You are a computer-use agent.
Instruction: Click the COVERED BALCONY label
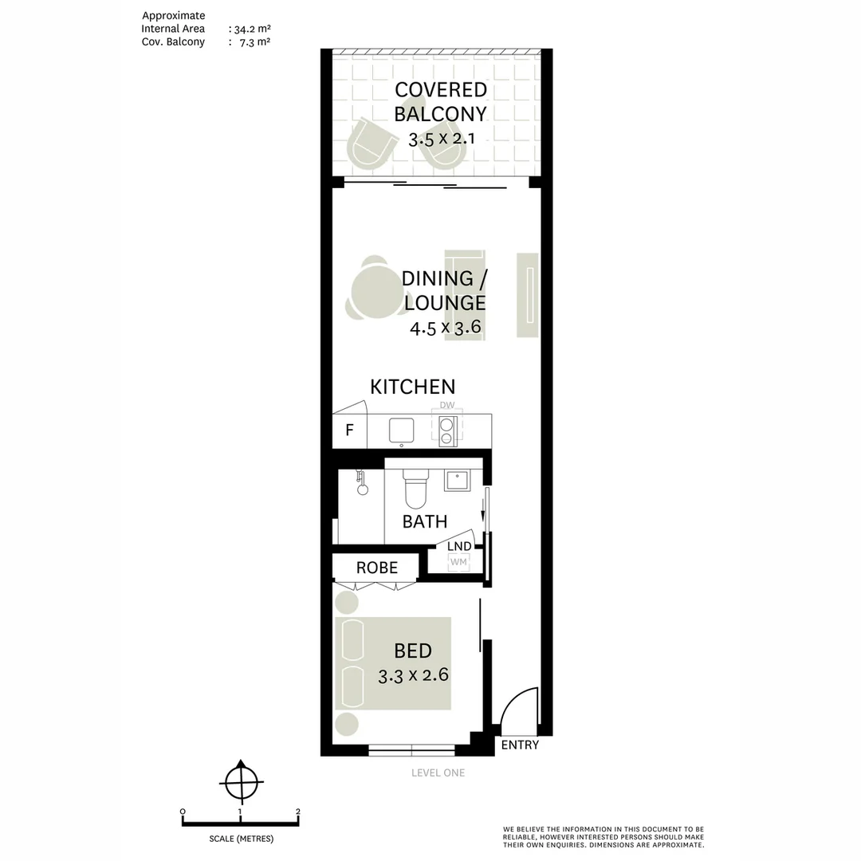coord(440,100)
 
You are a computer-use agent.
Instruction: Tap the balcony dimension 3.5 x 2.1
coord(441,138)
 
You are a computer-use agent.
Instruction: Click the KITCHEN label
coord(412,387)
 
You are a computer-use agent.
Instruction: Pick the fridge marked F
coord(349,431)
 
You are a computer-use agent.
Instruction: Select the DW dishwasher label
coord(446,405)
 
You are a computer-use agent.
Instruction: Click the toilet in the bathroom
coord(415,489)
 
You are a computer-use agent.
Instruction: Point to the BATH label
coord(424,522)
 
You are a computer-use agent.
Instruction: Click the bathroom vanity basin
coord(457,480)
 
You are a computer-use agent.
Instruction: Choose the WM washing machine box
coord(458,562)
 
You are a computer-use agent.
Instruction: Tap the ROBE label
coord(376,568)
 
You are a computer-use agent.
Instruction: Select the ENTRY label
coord(520,745)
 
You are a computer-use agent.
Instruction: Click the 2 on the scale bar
coord(297,812)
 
